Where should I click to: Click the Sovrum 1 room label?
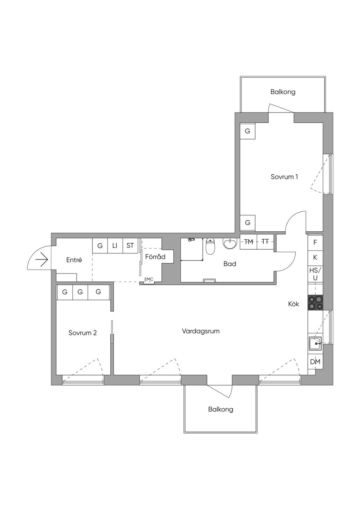[284, 177]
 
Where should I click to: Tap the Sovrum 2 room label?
[83, 333]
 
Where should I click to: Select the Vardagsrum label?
[201, 331]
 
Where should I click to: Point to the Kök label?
[294, 304]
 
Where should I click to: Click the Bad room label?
[230, 264]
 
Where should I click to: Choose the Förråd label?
[155, 257]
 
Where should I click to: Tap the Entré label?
[74, 260]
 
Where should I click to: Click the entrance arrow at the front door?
[42, 260]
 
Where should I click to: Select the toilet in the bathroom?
[210, 246]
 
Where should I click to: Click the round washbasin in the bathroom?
[230, 243]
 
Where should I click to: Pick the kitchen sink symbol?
[315, 343]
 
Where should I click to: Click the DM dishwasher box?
[315, 362]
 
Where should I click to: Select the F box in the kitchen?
[315, 242]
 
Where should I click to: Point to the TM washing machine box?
[249, 242]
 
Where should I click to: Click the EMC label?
[149, 279]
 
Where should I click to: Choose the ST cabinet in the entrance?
[130, 245]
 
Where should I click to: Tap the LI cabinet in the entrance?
[115, 245]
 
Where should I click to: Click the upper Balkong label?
[283, 92]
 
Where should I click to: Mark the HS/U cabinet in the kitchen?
[315, 274]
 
